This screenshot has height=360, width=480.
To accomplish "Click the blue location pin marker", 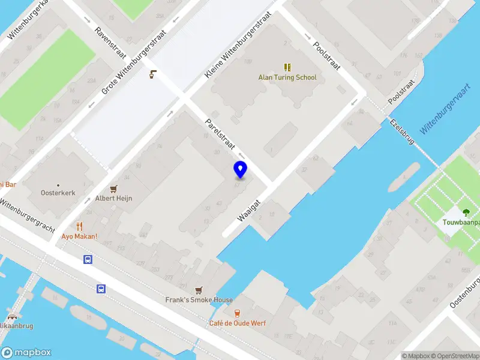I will pos(241,170).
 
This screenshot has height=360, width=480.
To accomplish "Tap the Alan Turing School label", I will pos(287,77).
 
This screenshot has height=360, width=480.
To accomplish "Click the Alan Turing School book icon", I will pos(287,67).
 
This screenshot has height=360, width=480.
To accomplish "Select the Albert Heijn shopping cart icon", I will pos(113,188).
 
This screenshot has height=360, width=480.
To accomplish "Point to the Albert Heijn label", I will pos(113,199).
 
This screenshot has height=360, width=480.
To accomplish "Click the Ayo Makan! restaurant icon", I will pos(79,226).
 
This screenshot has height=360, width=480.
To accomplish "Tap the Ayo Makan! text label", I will pos(79,236).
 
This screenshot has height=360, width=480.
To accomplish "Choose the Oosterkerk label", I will pos(57,193).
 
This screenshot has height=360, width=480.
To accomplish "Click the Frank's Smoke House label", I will pos(199,300).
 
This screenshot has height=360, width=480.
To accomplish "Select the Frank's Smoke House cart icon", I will pos(199,290).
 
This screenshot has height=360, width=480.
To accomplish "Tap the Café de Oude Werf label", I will pos(237,323).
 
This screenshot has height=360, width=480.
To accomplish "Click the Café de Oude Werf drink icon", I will pos(237,313).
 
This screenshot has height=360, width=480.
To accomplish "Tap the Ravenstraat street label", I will pos(111,41).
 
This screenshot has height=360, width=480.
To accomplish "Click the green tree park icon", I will pos(466,212).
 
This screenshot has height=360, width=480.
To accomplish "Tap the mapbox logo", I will pos(26,353).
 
